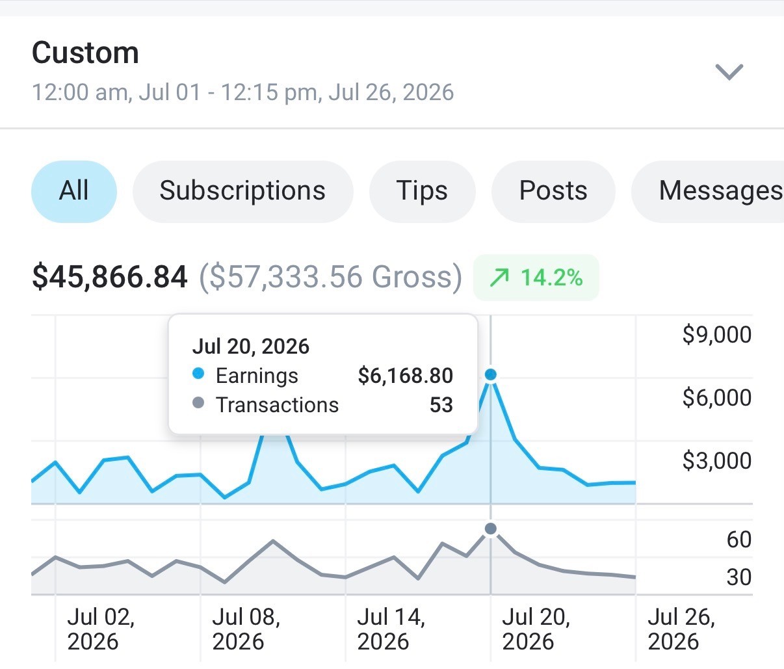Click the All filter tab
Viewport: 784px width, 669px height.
tap(74, 192)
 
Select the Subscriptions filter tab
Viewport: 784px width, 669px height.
tap(242, 192)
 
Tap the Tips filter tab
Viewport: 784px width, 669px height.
tap(422, 192)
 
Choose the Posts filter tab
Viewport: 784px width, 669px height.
tap(553, 192)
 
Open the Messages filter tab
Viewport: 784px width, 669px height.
tap(708, 192)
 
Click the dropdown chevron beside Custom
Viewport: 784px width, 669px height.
tap(729, 72)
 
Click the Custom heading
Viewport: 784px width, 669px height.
tap(85, 53)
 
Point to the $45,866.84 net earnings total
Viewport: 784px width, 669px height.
tap(110, 277)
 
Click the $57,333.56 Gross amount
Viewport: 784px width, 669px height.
tap(330, 277)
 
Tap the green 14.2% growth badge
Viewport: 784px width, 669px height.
tap(536, 278)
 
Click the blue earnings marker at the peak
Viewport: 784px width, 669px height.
tap(490, 374)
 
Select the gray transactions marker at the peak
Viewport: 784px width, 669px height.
tap(490, 529)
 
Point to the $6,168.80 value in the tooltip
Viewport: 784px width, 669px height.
tap(406, 376)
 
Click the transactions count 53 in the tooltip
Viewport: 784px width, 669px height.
tap(441, 404)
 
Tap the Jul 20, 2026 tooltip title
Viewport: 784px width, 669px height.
tap(251, 347)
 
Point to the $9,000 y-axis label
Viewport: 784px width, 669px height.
tap(717, 335)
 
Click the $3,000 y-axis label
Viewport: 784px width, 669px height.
tap(717, 461)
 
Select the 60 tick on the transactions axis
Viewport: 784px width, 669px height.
tap(739, 540)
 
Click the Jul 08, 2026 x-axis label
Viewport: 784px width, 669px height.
tap(246, 629)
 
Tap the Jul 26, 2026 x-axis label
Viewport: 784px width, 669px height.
tap(681, 629)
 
